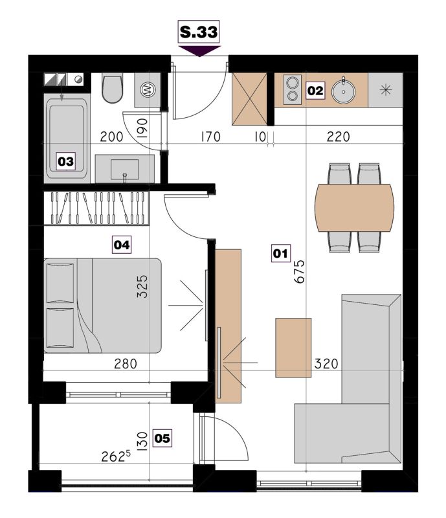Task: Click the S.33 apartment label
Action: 199,32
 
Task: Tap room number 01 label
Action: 280,253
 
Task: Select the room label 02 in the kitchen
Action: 315,91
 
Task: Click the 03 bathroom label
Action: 66,161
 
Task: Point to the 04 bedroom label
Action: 122,245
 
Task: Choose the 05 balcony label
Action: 162,438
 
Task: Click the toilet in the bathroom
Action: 113,88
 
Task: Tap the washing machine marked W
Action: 148,90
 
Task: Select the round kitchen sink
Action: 344,90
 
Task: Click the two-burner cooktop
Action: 293,89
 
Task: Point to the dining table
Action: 355,207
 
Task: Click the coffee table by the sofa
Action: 293,348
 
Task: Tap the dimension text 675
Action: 299,271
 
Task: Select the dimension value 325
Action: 142,286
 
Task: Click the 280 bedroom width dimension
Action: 126,364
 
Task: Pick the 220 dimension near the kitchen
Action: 339,137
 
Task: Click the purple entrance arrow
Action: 199,51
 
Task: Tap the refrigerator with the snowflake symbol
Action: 386,90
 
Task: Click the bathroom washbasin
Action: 124,168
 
